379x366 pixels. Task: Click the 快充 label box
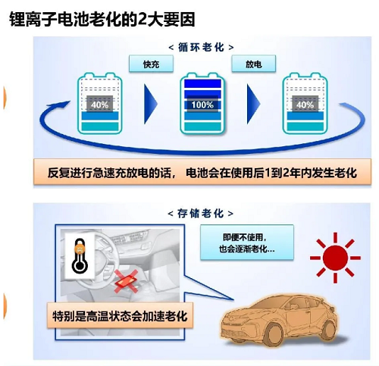click(x=151, y=64)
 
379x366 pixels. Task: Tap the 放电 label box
click(x=254, y=64)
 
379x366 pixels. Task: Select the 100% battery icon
click(x=202, y=104)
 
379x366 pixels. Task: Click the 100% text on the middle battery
click(x=202, y=105)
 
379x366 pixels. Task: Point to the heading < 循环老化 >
click(x=201, y=47)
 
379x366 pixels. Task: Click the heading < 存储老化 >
click(x=201, y=214)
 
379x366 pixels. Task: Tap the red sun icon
click(x=335, y=258)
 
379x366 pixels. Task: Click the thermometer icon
click(x=80, y=255)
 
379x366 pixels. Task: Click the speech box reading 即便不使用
click(x=247, y=242)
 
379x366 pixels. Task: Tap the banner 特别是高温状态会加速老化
click(x=120, y=316)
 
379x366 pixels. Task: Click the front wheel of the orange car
click(x=274, y=335)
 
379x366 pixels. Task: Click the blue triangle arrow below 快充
click(x=151, y=104)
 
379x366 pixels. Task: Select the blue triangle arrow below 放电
click(x=254, y=104)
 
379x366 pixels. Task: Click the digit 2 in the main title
click(x=143, y=20)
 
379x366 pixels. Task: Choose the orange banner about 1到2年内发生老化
click(x=202, y=173)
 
